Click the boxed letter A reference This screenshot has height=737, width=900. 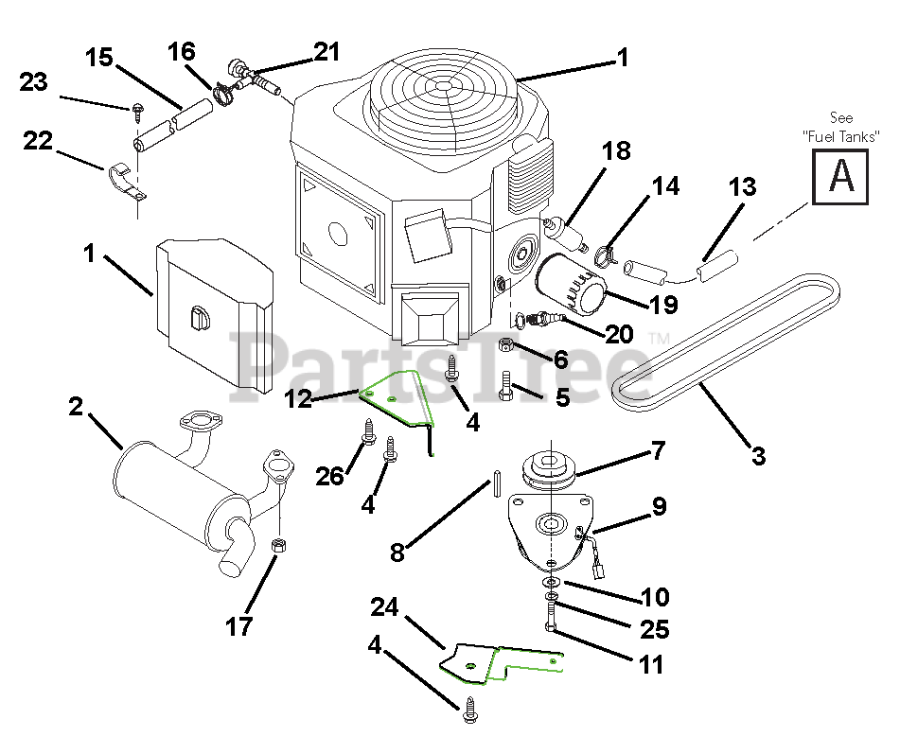840,177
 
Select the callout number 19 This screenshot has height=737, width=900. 663,305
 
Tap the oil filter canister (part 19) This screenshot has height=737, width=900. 572,286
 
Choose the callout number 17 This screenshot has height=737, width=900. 238,626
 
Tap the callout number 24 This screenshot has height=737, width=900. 384,606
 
